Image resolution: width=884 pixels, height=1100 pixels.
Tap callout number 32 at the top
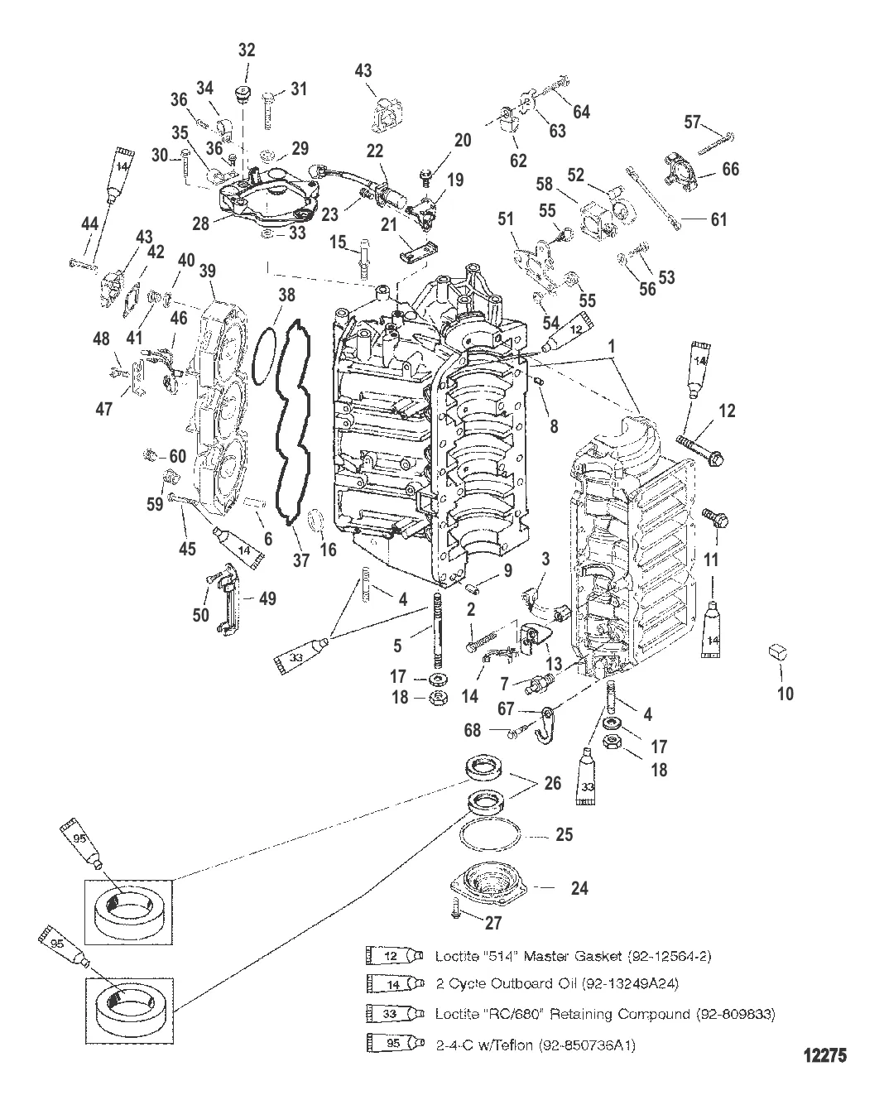[x=247, y=50]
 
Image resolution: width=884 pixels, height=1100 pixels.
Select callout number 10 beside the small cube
[x=785, y=693]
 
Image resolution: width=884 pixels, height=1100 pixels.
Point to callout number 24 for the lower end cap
[x=579, y=888]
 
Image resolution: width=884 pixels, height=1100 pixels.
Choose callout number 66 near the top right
[x=730, y=169]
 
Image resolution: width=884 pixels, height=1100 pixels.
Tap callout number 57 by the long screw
[x=694, y=122]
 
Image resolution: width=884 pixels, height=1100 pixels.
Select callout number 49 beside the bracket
[x=267, y=598]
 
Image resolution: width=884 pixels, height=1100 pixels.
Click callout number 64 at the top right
[x=581, y=111]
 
